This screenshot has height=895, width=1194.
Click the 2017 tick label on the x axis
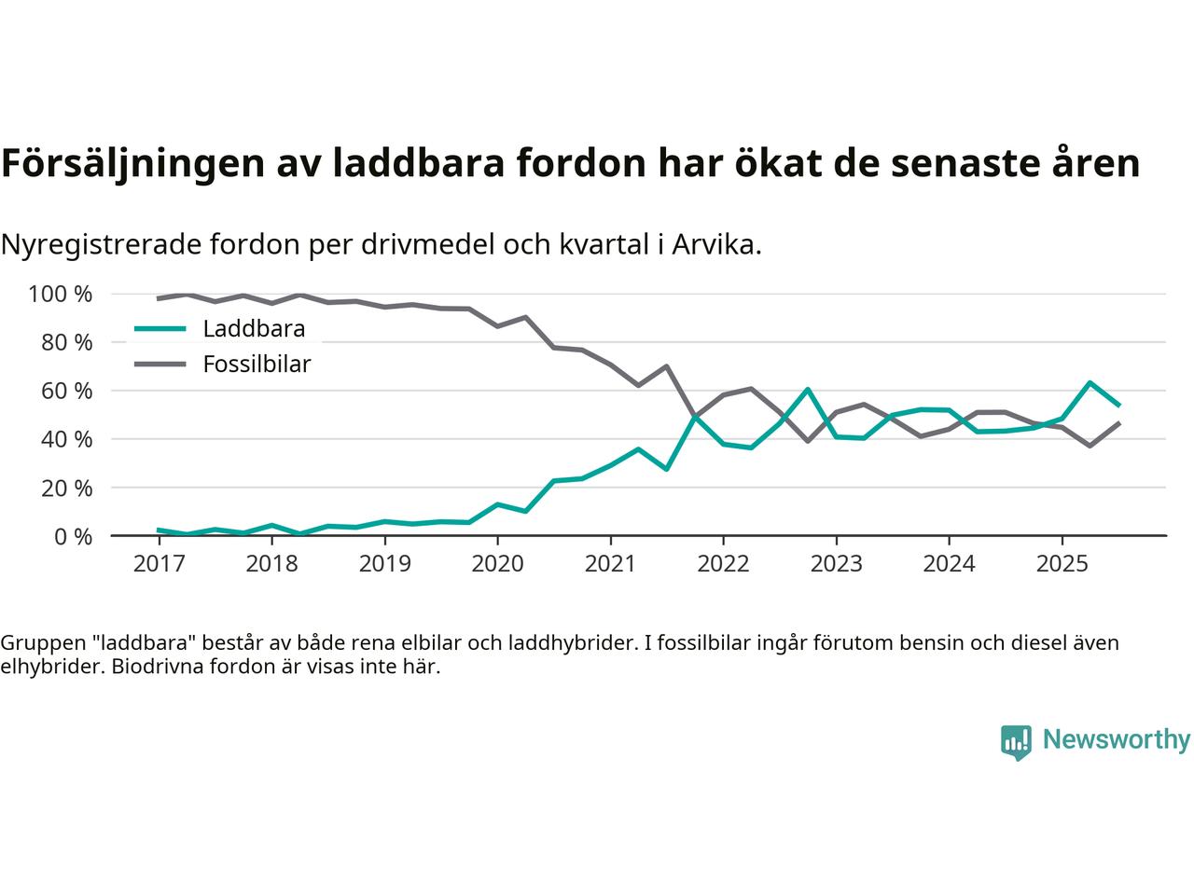(x=159, y=564)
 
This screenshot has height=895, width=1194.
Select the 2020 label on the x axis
(x=497, y=564)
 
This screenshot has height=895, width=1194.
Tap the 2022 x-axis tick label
(x=723, y=564)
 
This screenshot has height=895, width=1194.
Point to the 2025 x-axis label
(x=1062, y=564)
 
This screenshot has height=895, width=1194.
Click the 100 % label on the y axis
(x=61, y=295)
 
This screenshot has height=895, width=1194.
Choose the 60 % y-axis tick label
(x=68, y=391)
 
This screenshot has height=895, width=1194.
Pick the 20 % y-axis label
(x=68, y=488)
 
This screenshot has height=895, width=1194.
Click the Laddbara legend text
(x=254, y=329)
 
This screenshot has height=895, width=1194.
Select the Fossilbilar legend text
(x=257, y=365)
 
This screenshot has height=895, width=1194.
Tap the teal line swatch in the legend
(x=160, y=329)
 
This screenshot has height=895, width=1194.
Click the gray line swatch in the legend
(x=160, y=365)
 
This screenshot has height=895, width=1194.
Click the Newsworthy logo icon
(x=1016, y=742)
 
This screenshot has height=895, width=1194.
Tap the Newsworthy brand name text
(x=1116, y=740)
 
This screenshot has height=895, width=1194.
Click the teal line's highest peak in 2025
(x=1090, y=382)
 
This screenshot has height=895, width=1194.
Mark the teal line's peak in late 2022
(x=808, y=389)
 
